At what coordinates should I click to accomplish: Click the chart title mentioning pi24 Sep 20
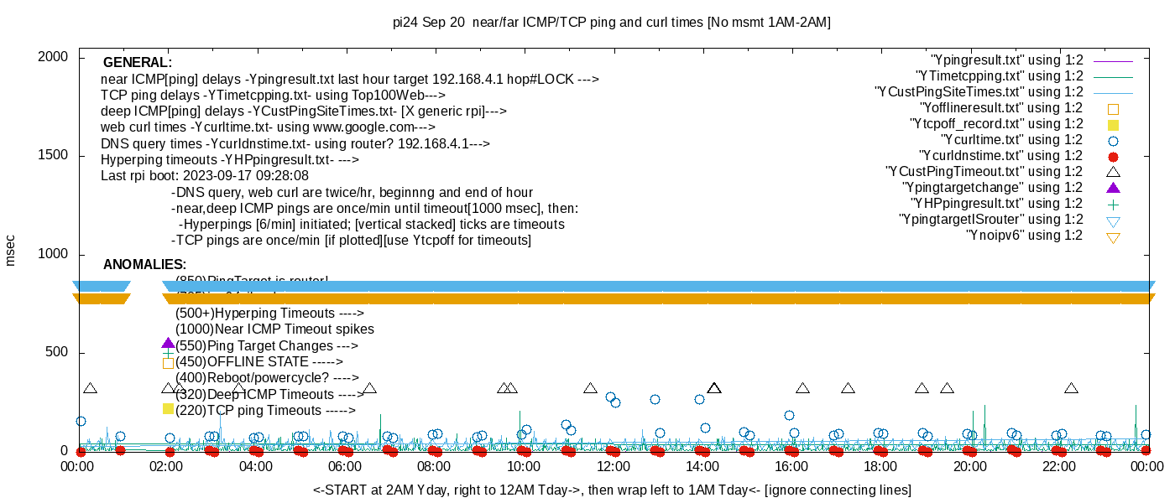coord(612,23)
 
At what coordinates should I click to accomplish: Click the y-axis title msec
coord(10,251)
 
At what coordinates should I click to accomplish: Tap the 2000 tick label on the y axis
coord(52,57)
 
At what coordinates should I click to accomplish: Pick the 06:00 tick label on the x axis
coord(345,467)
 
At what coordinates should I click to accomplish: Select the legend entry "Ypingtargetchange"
coord(992,188)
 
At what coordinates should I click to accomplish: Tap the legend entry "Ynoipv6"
coord(1024,236)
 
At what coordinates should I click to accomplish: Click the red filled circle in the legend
coord(1114,157)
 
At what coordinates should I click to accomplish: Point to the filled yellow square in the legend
coord(1114,125)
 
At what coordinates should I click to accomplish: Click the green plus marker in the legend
coord(1114,205)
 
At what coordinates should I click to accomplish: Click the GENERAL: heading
coord(138,63)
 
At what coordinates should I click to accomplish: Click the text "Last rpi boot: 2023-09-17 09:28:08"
coord(205,176)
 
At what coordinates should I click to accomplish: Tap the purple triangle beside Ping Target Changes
coord(168,344)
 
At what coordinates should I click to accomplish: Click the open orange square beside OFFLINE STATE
coord(168,363)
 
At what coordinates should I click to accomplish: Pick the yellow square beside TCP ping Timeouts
coord(168,409)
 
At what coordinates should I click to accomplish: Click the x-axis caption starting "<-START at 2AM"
coord(612,490)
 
